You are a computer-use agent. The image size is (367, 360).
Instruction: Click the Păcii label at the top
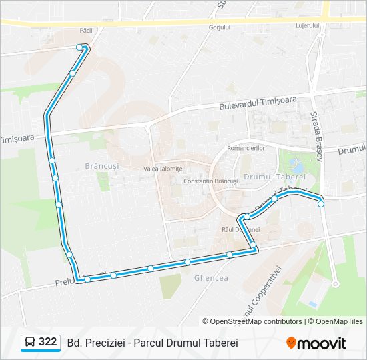85,31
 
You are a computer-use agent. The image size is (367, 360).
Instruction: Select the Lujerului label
308,26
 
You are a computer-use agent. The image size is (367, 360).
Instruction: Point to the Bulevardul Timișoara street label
258,103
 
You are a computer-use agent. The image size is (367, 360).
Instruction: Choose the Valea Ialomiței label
163,169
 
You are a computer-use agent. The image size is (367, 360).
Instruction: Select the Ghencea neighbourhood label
210,278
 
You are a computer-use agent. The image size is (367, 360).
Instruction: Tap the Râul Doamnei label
240,229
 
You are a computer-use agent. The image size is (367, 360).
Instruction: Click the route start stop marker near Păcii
80,47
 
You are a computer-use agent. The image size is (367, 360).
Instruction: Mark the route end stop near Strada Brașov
321,204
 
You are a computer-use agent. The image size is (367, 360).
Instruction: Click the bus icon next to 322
30,343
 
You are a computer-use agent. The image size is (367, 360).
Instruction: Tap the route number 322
48,342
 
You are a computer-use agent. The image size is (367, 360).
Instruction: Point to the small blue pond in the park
296,166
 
